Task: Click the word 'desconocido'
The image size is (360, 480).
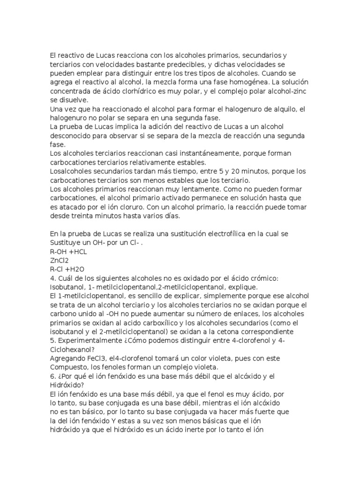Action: [72, 136]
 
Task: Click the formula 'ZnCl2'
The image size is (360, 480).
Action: [60, 261]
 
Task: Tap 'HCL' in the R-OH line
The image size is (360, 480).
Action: [78, 252]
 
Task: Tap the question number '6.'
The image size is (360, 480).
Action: [52, 376]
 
